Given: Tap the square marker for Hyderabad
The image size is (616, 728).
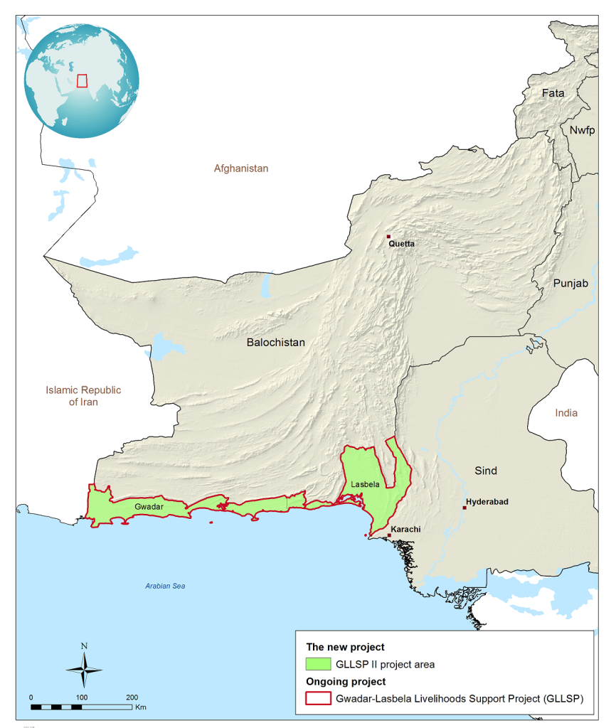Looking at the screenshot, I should coord(464,508).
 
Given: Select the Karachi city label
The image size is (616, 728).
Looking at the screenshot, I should coord(406,530).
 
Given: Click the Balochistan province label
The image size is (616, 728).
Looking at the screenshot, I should coord(275,343).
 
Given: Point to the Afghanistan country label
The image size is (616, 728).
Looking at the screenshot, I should coord(241,168).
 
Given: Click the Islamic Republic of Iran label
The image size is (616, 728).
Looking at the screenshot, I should coord(83,396).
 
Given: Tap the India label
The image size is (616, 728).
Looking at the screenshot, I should coord(566,413).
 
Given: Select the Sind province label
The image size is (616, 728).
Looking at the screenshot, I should coord(486,471).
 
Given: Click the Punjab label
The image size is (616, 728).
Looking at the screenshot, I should coord(571,284).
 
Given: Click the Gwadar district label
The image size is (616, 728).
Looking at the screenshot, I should coord(149,506).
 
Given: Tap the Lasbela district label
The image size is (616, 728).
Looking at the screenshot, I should coord(365,484).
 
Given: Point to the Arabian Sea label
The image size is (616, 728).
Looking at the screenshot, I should coord(165,586).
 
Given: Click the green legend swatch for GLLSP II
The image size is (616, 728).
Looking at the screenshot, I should coord(318,664).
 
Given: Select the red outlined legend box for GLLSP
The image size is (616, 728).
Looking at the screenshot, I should coord(318,698).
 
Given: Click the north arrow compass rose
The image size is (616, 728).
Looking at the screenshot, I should coord(84,669).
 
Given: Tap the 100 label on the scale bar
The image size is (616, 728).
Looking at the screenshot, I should coord(82,697).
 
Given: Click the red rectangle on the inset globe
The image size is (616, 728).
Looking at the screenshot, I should coord(82,81).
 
